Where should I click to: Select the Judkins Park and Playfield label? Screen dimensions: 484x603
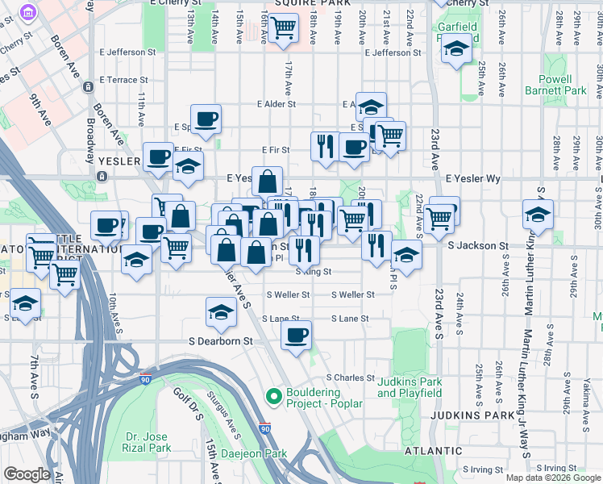pyautogui.click(x=410, y=388)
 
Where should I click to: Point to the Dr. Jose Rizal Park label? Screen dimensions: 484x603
pyautogui.click(x=148, y=442)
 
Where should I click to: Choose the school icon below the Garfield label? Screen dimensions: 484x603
pyautogui.click(x=457, y=50)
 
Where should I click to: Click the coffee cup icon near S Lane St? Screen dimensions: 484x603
pyautogui.click(x=297, y=334)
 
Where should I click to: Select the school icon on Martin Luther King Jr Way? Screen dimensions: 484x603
pyautogui.click(x=538, y=214)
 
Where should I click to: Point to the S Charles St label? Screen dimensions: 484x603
pyautogui.click(x=350, y=378)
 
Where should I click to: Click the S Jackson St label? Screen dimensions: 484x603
pyautogui.click(x=478, y=245)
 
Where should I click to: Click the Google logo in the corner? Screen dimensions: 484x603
pyautogui.click(x=27, y=474)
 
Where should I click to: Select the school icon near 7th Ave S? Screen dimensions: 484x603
pyautogui.click(x=26, y=304)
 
